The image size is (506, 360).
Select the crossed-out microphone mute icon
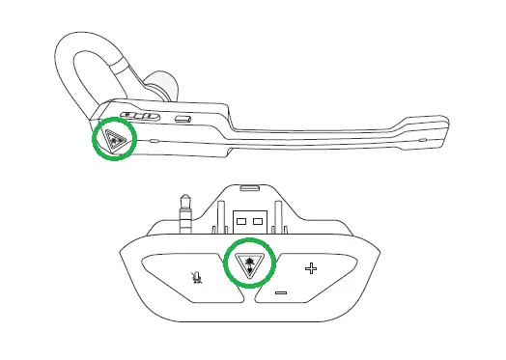196,274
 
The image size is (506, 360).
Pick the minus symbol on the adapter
280,291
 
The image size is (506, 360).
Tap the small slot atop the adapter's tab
249,190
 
